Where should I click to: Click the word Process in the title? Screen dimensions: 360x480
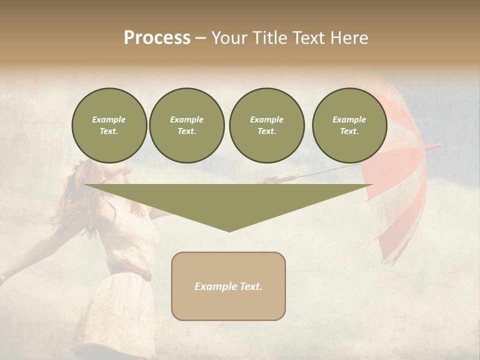(157, 38)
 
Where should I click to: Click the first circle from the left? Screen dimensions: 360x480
(109, 125)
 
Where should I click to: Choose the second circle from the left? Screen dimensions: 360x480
(187, 125)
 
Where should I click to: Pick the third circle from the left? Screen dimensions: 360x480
(267, 125)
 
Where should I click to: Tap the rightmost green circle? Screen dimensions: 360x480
(349, 125)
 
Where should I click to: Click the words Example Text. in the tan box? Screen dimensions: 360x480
(228, 286)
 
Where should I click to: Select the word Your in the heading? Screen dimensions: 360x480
(230, 38)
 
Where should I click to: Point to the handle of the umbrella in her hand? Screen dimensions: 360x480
(285, 178)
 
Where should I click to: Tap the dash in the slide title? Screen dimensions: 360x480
(200, 38)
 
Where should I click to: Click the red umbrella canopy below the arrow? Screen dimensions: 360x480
(395, 220)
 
